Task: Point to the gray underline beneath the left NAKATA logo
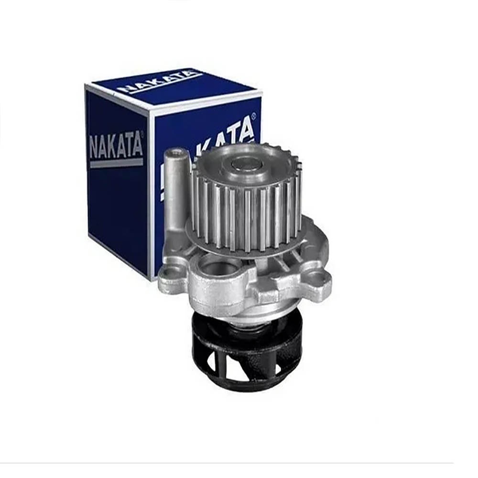117,163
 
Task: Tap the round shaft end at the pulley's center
246,165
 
